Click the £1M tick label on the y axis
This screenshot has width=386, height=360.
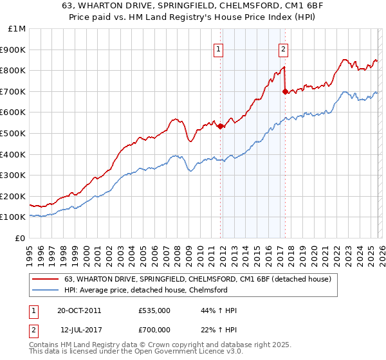[17, 28]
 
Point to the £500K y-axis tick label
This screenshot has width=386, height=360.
[14, 133]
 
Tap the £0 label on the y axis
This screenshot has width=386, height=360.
[21, 238]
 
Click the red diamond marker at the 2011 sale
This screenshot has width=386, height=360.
[220, 126]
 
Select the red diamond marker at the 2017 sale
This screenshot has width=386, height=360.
[285, 91]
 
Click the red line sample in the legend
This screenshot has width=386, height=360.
[45, 279]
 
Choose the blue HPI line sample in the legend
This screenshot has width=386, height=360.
[45, 290]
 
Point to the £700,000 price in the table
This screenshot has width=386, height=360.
[154, 328]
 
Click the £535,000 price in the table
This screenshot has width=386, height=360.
[154, 310]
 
